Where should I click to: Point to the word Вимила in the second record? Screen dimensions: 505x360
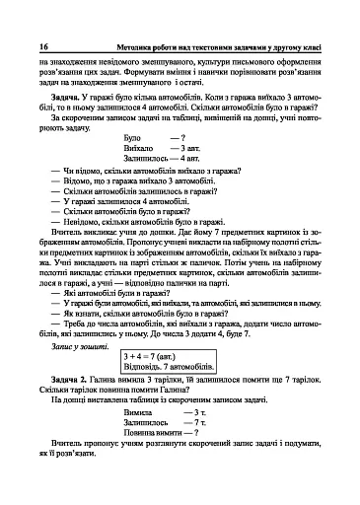[140, 438]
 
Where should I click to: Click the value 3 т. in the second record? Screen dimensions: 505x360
[201, 438]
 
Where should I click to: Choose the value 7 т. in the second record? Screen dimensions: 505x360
[201, 450]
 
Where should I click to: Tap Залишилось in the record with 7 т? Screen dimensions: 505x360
[149, 450]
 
